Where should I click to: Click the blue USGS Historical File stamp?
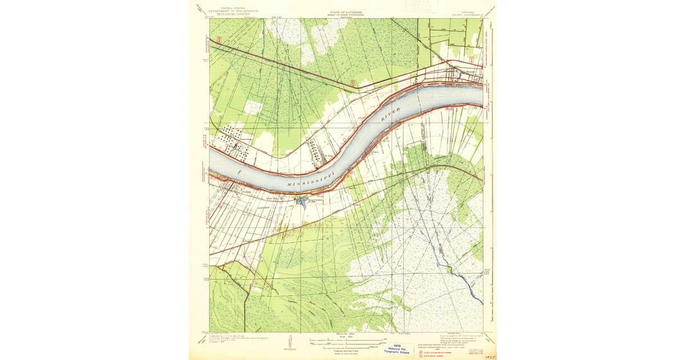tap(397, 349)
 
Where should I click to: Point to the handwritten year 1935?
tap(489, 356)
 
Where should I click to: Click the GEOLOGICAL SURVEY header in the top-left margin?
tap(233, 11)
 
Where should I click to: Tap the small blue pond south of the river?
tap(302, 202)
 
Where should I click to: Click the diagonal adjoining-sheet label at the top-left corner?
tap(200, 9)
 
